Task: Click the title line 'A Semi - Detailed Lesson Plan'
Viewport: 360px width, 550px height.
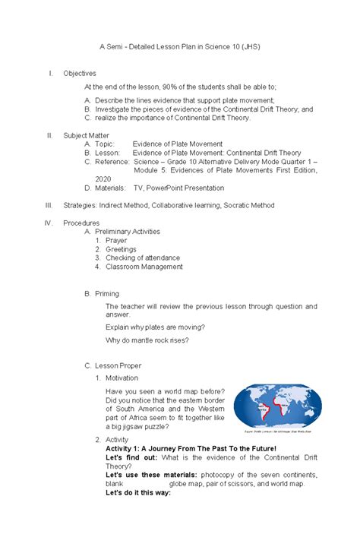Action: (179, 47)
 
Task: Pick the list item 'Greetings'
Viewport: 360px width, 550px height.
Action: (122, 249)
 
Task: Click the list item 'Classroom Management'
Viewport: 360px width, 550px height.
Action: (144, 267)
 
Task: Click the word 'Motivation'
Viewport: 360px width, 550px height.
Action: (122, 378)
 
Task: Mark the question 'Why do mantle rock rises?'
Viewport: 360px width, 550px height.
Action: (147, 340)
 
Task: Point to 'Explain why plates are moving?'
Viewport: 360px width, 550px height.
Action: (155, 327)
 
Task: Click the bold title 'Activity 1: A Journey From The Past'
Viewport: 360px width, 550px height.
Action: (191, 449)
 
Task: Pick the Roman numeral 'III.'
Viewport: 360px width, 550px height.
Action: (49, 205)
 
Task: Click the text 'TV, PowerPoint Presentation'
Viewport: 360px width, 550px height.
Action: (178, 188)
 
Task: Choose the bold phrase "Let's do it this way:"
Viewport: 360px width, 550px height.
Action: (138, 492)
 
